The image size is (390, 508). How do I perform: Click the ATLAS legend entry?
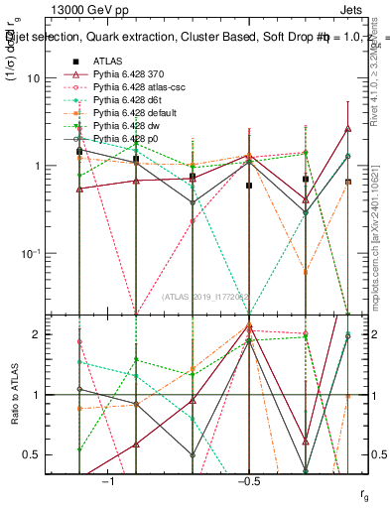coord(107,61)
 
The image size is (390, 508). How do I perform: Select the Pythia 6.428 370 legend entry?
coord(129,74)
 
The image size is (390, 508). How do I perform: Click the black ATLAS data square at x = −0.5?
coord(249,186)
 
